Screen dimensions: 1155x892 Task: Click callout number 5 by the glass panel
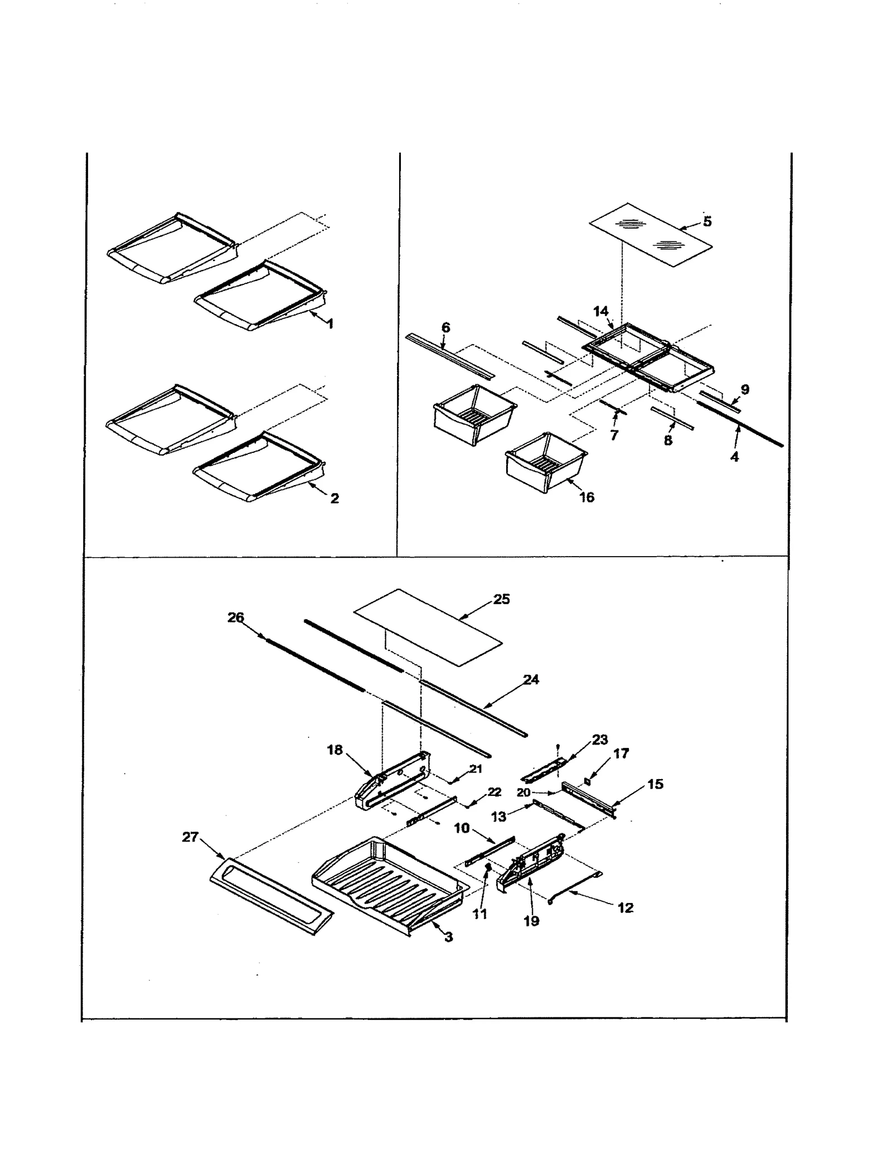click(x=707, y=221)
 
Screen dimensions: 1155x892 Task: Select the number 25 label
click(x=502, y=599)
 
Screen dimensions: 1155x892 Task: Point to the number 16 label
click(x=587, y=497)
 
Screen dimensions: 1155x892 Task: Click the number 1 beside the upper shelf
click(x=330, y=323)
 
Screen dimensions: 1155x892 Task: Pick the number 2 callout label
click(x=334, y=498)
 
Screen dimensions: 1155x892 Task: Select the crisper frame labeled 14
click(x=647, y=357)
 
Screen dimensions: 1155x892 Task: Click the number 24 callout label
click(x=531, y=679)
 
